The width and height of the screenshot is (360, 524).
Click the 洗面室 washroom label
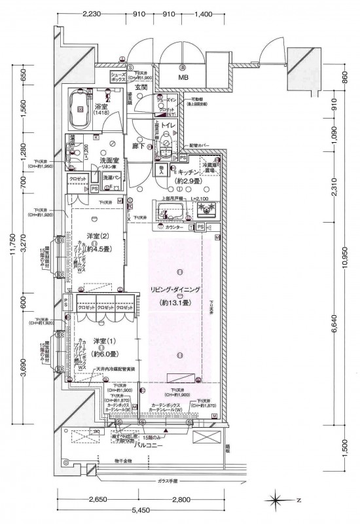click(109, 160)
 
